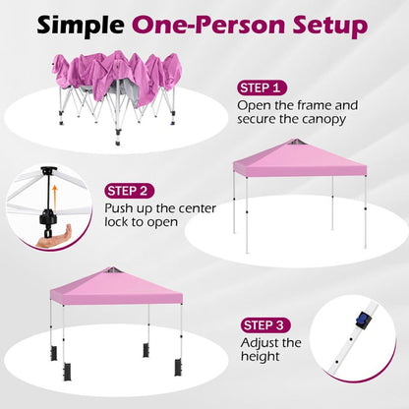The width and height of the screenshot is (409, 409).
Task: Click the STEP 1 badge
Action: click(x=262, y=88)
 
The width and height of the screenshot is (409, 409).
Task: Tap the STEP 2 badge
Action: click(x=130, y=191)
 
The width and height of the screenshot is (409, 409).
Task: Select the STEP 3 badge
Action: click(x=265, y=325)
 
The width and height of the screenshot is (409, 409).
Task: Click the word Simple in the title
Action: click(x=81, y=26)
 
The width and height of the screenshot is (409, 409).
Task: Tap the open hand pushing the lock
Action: click(x=53, y=237)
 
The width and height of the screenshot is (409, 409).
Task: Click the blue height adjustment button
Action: click(x=362, y=320)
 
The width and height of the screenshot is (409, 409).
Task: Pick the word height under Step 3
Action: click(x=261, y=356)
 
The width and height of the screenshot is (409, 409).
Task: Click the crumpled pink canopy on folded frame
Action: click(x=117, y=77)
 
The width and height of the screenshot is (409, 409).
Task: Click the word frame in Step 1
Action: click(x=315, y=105)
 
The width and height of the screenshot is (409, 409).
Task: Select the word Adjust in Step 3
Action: click(x=261, y=343)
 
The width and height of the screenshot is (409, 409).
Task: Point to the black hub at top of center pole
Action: click(x=49, y=171)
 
